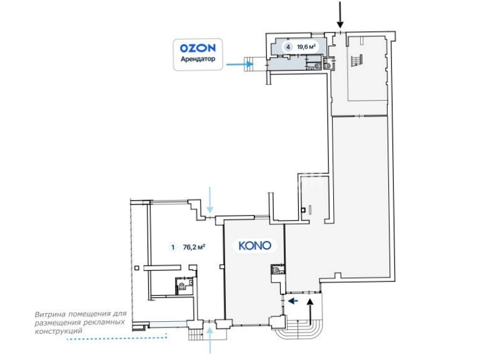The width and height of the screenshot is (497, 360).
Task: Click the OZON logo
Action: coord(198,48)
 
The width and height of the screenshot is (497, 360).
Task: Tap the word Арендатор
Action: coord(198,59)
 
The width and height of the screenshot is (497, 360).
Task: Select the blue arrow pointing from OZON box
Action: coord(239,64)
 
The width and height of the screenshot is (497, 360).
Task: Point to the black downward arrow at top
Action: coord(340,15)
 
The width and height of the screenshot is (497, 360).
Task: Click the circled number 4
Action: coord(288,47)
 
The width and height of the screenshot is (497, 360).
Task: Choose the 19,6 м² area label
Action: coord(306,47)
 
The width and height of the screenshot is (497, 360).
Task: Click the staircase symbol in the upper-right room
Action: coord(356,60)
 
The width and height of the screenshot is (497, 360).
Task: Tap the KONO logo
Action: coord(255,246)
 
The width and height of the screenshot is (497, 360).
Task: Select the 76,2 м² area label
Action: coord(194,247)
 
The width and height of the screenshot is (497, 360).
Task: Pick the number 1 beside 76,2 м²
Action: coord(173,247)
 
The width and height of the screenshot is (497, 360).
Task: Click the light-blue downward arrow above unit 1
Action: coord(210,200)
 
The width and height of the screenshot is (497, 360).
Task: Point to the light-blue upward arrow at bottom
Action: coord(210,341)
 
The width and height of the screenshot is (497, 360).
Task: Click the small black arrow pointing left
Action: coord(293,301)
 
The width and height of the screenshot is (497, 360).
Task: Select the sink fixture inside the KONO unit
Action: coord(277,270)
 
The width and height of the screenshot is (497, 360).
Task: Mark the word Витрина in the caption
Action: coord(49,314)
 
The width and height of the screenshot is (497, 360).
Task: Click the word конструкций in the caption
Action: coord(58,331)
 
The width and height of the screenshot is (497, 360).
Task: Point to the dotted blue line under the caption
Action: coord(117,338)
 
